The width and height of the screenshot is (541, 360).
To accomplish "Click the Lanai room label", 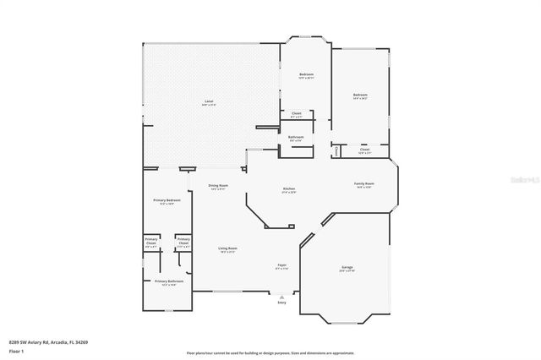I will pyautogui.click(x=209, y=101).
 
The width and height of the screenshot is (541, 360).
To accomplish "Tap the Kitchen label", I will pyautogui.click(x=288, y=189).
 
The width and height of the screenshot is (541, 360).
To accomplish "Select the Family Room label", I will pyautogui.click(x=364, y=184).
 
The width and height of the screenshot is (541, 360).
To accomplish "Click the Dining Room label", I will pyautogui.click(x=218, y=187).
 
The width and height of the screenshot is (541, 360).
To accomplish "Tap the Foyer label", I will pyautogui.click(x=281, y=266).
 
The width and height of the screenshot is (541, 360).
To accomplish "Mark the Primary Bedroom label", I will pyautogui.click(x=163, y=201).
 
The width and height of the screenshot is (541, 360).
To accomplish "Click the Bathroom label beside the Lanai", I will pyautogui.click(x=296, y=138).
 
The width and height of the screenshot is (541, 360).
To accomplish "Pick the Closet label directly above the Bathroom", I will pyautogui.click(x=296, y=114).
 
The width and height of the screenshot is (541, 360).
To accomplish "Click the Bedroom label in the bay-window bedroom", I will pyautogui.click(x=306, y=76).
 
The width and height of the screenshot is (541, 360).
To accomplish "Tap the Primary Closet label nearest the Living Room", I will pyautogui.click(x=183, y=243).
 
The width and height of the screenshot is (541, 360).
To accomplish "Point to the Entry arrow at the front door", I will pyautogui.click(x=281, y=296).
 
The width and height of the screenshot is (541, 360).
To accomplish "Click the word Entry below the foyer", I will pyautogui.click(x=281, y=303).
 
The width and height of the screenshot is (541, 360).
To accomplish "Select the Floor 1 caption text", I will pyautogui.click(x=16, y=350).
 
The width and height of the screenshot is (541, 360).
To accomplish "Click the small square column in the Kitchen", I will pyautogui.click(x=290, y=226).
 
